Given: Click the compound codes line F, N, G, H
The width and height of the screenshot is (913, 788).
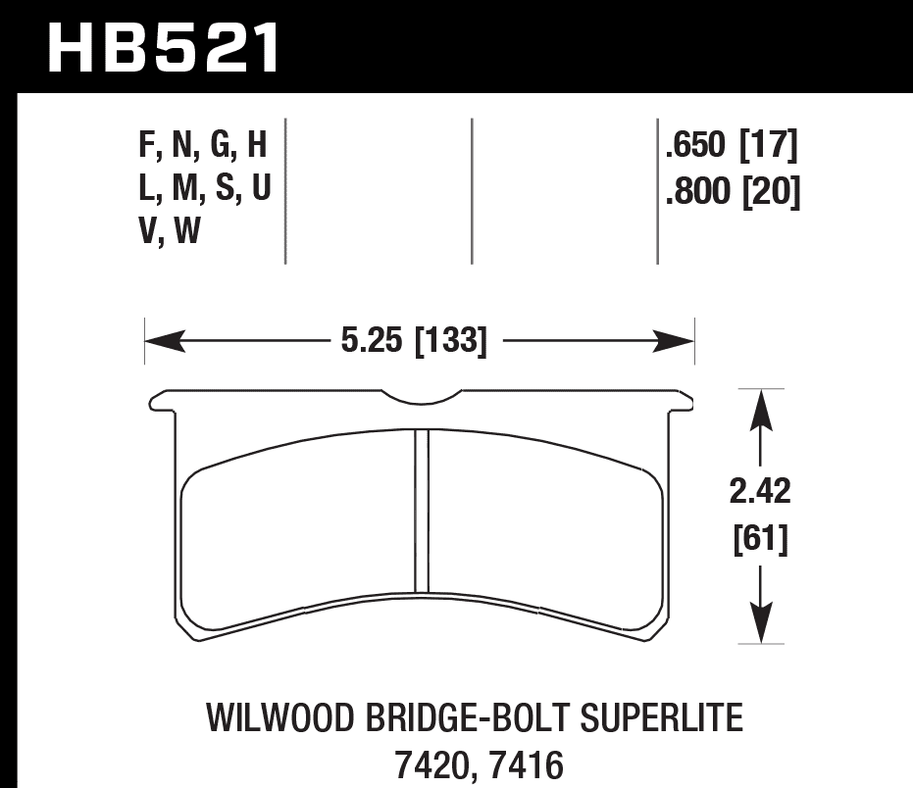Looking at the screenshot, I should (x=203, y=147).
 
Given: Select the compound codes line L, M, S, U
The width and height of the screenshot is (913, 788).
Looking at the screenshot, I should (x=203, y=191).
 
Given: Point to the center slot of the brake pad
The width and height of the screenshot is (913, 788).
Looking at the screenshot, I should (x=422, y=511).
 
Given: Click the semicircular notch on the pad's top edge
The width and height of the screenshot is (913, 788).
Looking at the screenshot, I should (x=422, y=396).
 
